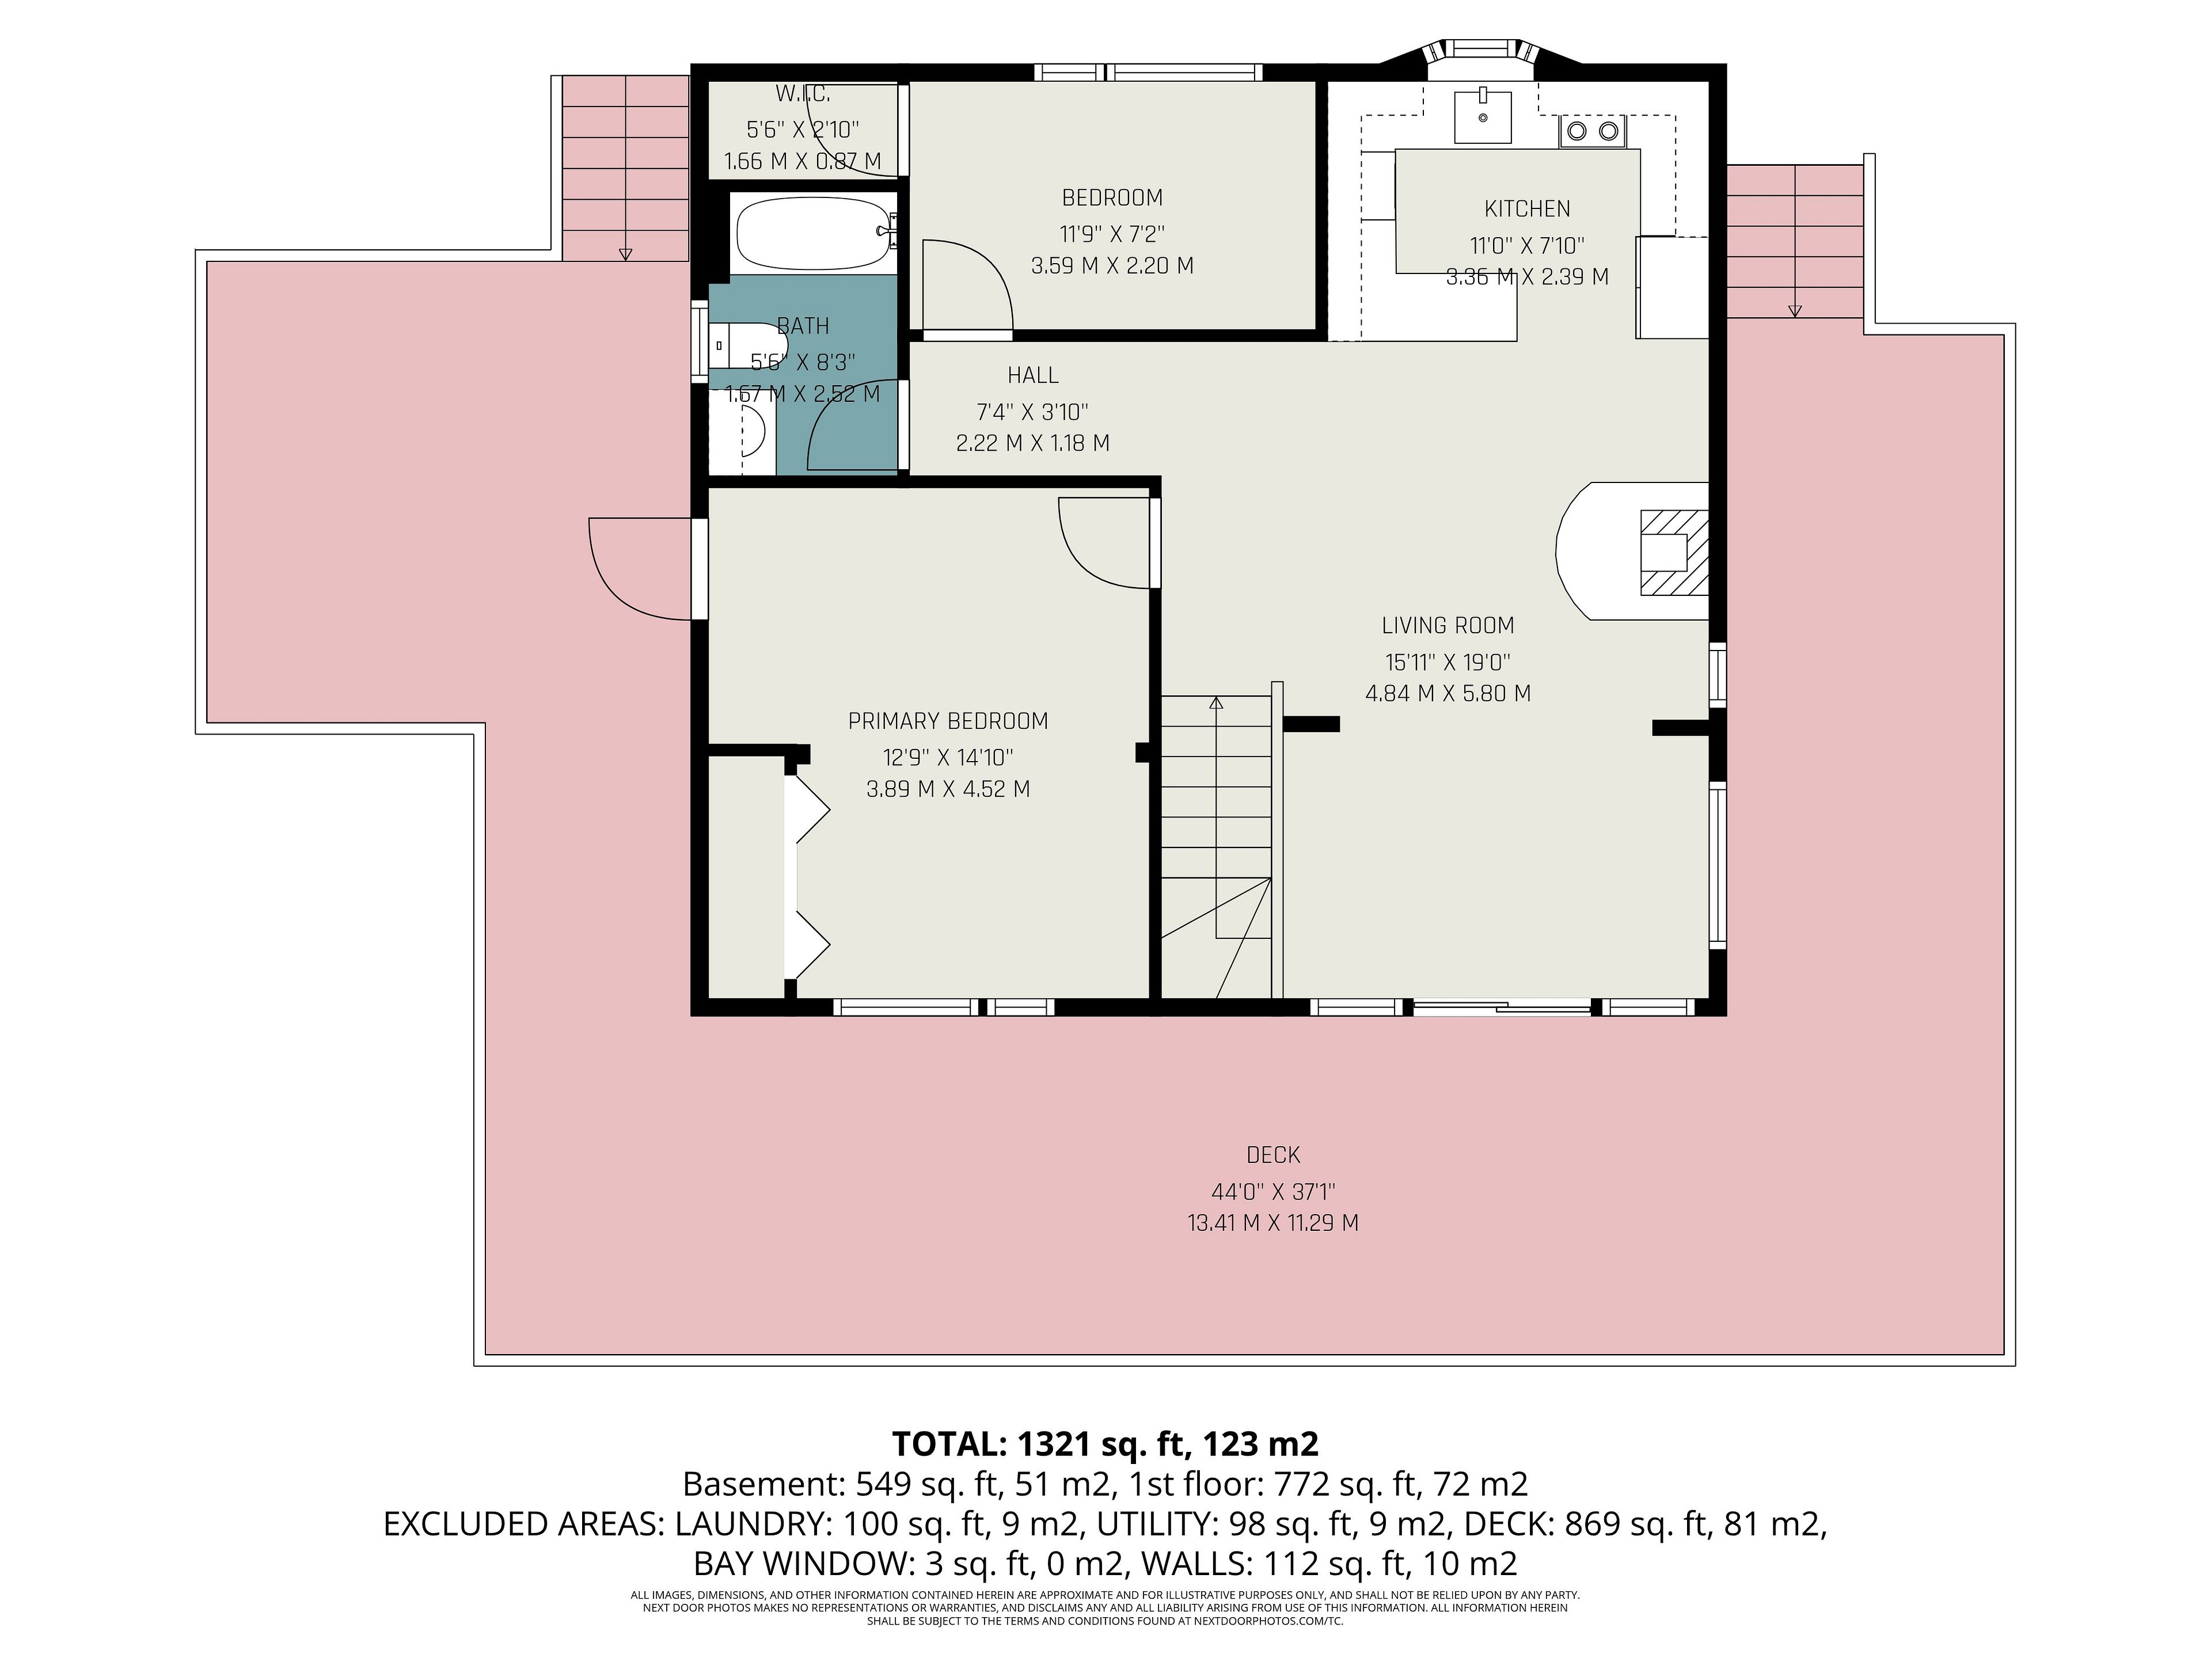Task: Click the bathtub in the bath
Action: [x=812, y=233]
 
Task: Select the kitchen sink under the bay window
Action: [x=1482, y=116]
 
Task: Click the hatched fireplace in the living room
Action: [x=1673, y=553]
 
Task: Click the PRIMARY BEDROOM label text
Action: [x=948, y=721]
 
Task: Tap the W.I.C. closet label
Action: [x=803, y=94]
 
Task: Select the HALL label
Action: [x=1032, y=375]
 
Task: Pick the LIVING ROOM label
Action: [x=1448, y=626]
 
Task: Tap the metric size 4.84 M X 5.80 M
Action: [x=1448, y=693]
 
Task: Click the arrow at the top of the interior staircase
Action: [x=1215, y=703]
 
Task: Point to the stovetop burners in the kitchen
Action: [x=1592, y=131]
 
